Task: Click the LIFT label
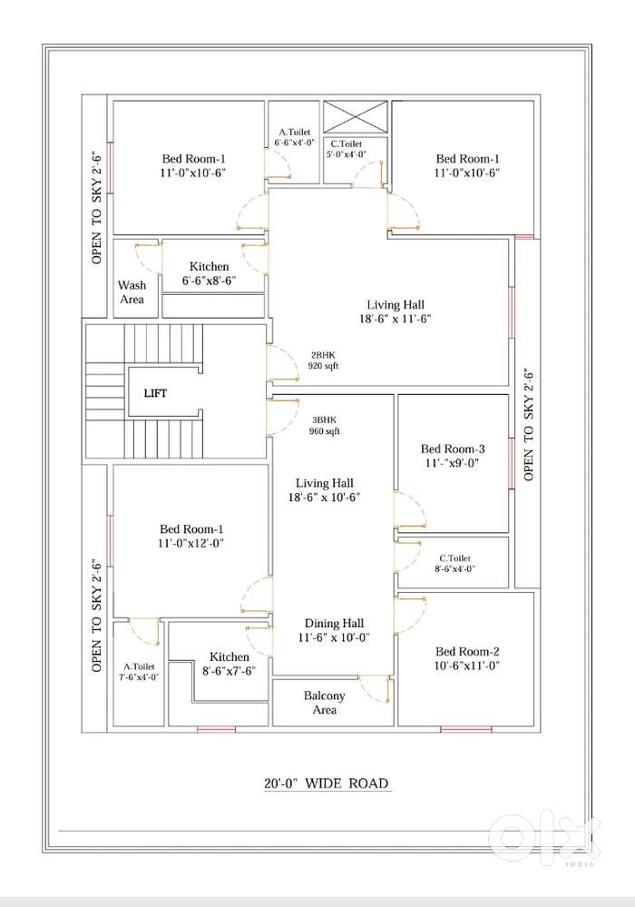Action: (155, 393)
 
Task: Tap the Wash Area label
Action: (132, 292)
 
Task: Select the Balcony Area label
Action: (324, 703)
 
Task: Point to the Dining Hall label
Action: (334, 630)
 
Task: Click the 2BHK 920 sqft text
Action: (324, 360)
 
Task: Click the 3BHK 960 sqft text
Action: (324, 426)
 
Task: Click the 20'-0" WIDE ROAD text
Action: (327, 784)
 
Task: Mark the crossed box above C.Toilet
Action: (356, 117)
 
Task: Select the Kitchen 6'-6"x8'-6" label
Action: (210, 273)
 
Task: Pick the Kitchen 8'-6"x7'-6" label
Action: (229, 664)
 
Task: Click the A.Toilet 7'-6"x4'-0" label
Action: (139, 672)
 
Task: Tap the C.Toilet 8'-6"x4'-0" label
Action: (454, 564)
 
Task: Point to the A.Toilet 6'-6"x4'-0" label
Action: (295, 138)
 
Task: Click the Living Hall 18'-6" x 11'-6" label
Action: (396, 311)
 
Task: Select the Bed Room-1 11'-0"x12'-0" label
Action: (191, 537)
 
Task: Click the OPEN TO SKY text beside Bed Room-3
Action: (529, 425)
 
